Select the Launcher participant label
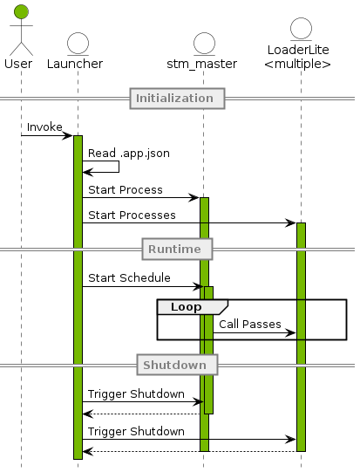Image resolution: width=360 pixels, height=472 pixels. click(75, 64)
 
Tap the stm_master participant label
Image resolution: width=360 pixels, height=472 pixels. click(203, 64)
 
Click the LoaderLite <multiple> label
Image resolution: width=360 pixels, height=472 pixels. click(297, 58)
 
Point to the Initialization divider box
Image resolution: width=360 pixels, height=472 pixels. click(178, 98)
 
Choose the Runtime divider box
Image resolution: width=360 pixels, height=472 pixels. click(178, 250)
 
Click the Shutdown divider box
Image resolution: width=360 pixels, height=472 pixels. click(178, 365)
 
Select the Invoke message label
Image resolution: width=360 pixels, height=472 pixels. click(44, 127)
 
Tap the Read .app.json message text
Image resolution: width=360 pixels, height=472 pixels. click(128, 153)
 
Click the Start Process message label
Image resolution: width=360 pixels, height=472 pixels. click(125, 190)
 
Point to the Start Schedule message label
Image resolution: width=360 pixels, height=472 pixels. click(129, 278)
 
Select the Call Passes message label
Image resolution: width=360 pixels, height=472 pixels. click(249, 324)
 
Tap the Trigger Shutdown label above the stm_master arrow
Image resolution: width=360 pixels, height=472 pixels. click(135, 393)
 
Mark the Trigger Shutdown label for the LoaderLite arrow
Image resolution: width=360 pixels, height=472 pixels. click(135, 431)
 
